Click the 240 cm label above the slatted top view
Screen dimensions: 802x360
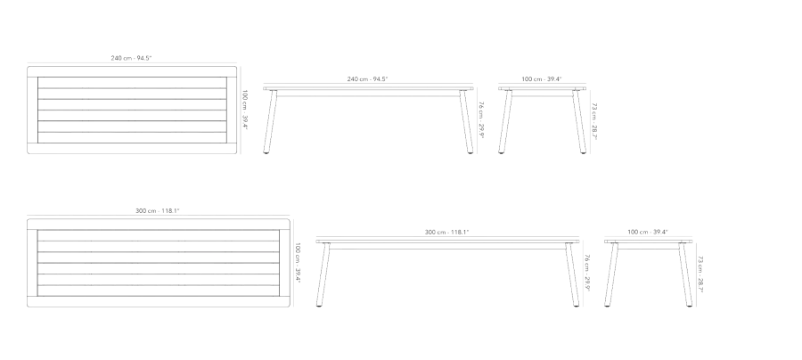pos(132,58)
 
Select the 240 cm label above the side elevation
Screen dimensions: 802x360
pos(368,79)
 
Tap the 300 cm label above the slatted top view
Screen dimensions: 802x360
pos(158,210)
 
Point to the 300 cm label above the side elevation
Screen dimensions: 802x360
pos(446,233)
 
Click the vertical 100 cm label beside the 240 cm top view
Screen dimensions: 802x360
pos(245,110)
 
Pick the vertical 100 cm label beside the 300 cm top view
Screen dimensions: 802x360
pos(298,262)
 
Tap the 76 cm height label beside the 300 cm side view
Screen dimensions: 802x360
pos(588,273)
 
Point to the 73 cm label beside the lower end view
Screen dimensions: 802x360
pos(700,274)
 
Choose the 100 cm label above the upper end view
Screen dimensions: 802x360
pos(542,79)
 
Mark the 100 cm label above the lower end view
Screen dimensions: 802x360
pos(648,233)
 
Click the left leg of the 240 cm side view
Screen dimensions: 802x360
pos(270,122)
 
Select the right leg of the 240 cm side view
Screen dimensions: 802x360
pos(466,122)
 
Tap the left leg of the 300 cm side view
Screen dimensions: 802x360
pos(323,275)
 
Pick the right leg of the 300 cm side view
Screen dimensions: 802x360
pos(572,275)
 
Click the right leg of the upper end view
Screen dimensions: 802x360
pos(579,122)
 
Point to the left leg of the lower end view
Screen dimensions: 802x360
pos(611,275)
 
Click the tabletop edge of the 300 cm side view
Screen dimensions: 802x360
pos(448,241)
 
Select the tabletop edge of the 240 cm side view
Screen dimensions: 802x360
pos(368,88)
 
